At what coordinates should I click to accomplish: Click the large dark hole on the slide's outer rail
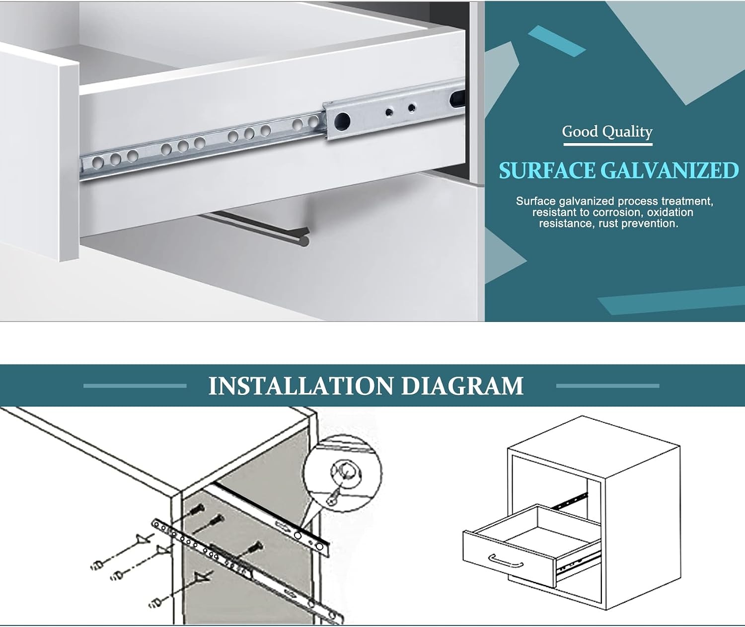(342, 121)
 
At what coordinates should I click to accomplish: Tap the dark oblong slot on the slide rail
(457, 98)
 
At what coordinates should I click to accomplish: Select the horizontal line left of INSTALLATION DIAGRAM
(135, 386)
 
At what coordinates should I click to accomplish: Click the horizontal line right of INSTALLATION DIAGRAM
(607, 386)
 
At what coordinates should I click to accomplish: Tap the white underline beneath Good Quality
(608, 145)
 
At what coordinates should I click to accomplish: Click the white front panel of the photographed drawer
(39, 154)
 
